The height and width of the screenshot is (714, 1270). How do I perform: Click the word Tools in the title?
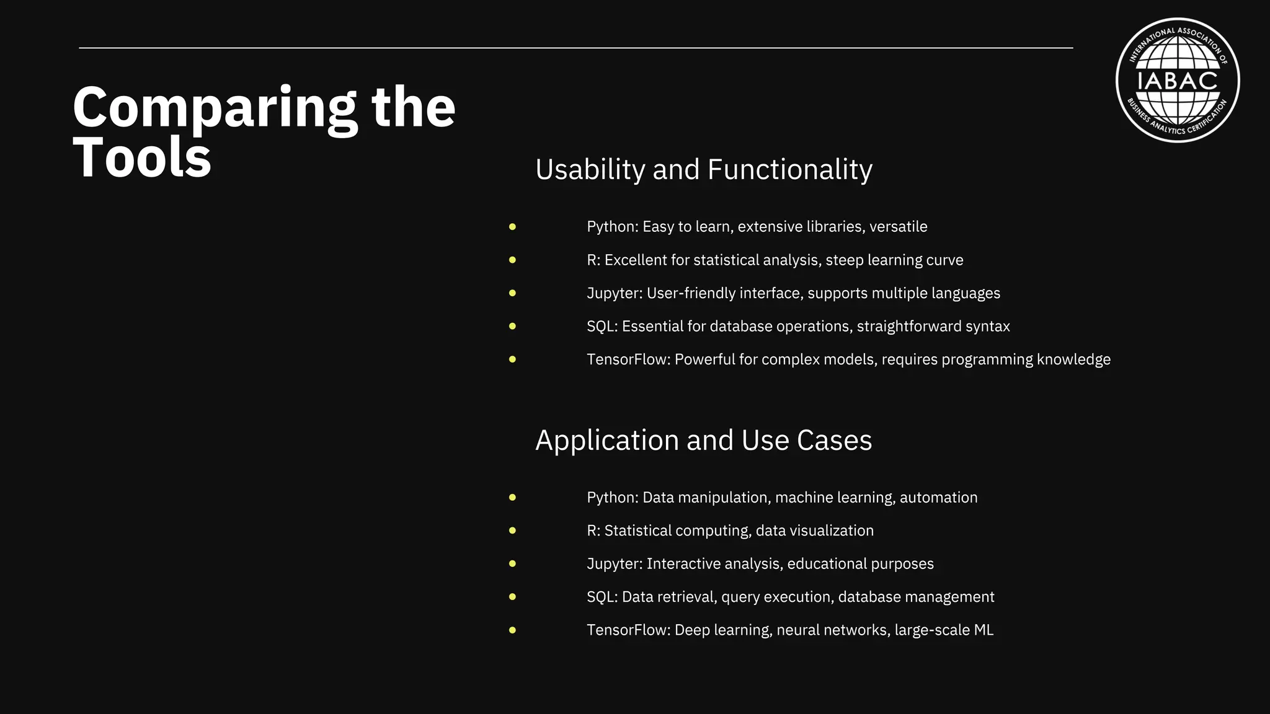coord(142,158)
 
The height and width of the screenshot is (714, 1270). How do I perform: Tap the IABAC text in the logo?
coord(1177,81)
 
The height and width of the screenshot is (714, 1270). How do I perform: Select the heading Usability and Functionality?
coord(703,170)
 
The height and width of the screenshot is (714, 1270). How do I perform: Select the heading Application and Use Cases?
coord(703,441)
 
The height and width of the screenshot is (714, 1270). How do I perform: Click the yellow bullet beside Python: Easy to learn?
coord(512,227)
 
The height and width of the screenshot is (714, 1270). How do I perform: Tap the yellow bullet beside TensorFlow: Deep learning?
coord(512,630)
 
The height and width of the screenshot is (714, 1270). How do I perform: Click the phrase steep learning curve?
coord(894,260)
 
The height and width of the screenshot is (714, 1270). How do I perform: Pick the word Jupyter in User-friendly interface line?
coord(613,293)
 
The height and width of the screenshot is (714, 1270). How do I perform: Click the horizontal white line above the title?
coord(575,48)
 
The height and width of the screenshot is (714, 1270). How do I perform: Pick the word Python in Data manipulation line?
coord(611,498)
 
